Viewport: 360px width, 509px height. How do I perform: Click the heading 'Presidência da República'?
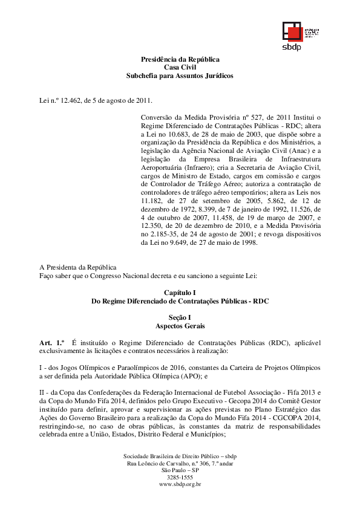click(180, 59)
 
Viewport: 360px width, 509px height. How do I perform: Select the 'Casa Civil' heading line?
click(180, 68)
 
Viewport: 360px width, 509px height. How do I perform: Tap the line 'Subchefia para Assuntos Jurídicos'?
click(180, 76)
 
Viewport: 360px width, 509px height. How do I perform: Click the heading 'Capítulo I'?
click(180, 292)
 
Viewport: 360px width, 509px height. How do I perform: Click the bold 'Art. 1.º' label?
click(52, 343)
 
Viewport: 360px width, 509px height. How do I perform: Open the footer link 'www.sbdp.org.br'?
click(180, 484)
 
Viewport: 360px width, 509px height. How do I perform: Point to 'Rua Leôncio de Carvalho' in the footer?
click(159, 463)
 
